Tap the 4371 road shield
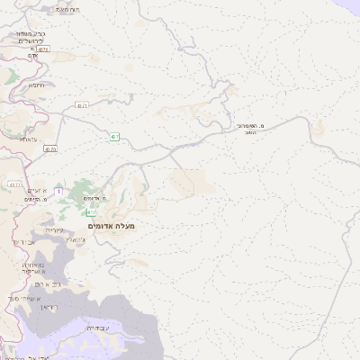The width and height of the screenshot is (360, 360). click(x=81, y=105)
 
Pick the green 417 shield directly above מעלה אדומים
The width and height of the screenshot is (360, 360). click(x=92, y=212)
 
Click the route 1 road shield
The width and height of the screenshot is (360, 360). click(x=58, y=191)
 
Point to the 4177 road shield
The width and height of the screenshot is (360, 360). click(x=14, y=184)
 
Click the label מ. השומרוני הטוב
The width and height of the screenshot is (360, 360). click(x=251, y=129)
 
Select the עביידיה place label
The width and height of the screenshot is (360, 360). click(x=96, y=328)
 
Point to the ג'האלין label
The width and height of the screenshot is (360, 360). click(x=77, y=239)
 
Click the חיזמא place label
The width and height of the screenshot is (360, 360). click(x=36, y=85)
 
